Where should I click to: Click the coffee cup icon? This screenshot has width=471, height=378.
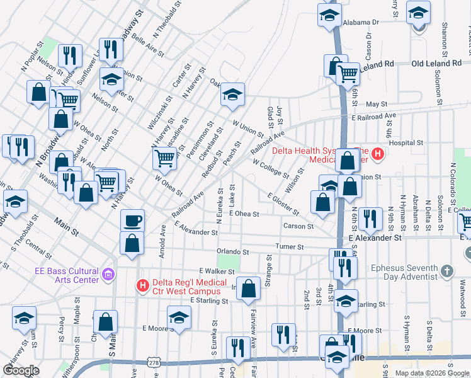pyautogui.click(x=132, y=220)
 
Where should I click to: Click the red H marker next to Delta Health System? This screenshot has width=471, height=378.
pyautogui.click(x=377, y=154)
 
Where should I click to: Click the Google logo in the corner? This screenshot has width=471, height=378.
pyautogui.click(x=21, y=370)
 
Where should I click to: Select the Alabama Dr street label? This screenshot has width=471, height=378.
pyautogui.click(x=361, y=21)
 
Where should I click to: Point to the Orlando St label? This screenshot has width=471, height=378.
pyautogui.click(x=232, y=251)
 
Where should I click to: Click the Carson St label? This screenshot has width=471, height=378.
pyautogui.click(x=298, y=226)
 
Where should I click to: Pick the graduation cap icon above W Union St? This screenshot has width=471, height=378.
pyautogui.click(x=232, y=95)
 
